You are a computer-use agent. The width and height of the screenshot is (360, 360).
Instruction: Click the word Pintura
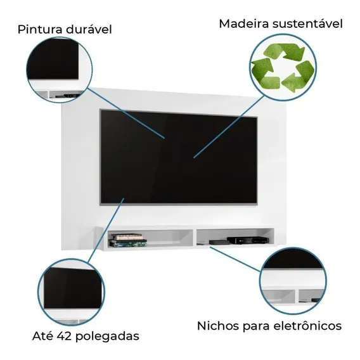tap(40, 30)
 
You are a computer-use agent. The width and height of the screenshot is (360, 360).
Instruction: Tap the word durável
tap(89, 30)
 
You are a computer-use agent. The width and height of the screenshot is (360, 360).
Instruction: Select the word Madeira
tap(243, 24)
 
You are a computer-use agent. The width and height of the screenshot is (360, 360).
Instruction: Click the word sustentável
tap(307, 24)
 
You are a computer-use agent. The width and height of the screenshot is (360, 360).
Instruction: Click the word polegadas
tap(107, 337)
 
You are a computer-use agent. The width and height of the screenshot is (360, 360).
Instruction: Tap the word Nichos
tap(218, 326)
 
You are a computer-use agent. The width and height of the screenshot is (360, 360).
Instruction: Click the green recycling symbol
tap(283, 68)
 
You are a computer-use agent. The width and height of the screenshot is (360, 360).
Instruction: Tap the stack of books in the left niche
tap(127, 240)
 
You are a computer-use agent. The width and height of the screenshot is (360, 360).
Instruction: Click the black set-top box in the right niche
tap(248, 240)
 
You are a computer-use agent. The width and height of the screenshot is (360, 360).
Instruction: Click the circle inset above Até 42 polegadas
tap(71, 292)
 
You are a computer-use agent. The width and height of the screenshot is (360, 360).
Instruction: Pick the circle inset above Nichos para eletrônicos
tap(293, 281)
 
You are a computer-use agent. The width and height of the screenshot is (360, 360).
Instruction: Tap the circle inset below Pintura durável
tap(60, 70)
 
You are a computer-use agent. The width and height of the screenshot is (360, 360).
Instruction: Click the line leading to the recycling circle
tap(229, 127)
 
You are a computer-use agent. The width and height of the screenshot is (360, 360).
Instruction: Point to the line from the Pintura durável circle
tap(127, 113)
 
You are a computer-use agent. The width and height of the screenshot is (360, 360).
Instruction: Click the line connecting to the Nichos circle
tap(235, 259)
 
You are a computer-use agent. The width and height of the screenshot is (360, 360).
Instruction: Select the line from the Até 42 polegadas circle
tap(106, 231)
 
